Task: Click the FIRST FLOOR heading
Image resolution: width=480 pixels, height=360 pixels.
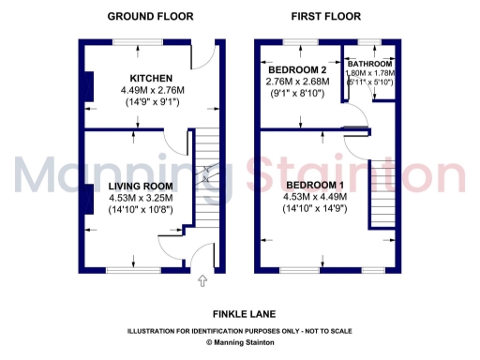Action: [325, 16]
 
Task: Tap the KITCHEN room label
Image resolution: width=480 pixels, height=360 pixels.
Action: [149, 77]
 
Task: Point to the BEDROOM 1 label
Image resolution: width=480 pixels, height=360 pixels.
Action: [315, 184]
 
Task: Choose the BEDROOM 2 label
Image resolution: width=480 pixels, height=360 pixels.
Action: [297, 70]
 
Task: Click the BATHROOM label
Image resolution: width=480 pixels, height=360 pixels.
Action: [371, 64]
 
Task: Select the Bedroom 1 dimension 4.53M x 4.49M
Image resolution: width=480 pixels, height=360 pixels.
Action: [315, 197]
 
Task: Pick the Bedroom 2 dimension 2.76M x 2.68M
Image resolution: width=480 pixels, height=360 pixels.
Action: [298, 82]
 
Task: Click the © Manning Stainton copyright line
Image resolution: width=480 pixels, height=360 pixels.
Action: [240, 343]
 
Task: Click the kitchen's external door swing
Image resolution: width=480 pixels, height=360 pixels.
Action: [200, 64]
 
